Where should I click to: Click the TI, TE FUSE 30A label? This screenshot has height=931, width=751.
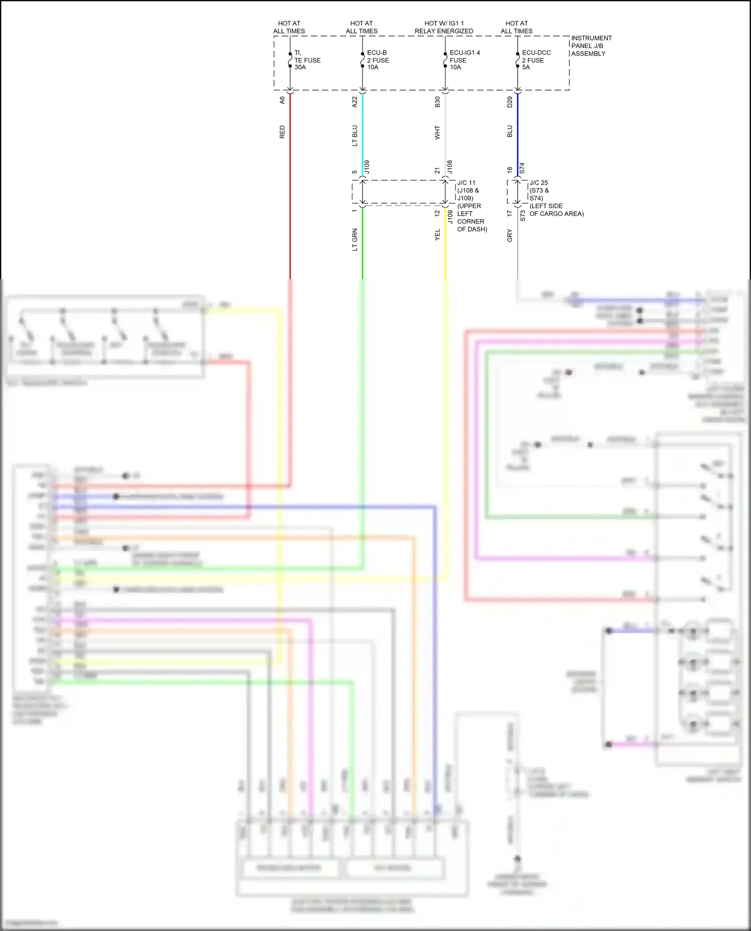pos(307,60)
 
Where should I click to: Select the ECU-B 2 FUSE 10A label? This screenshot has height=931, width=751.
pos(378,60)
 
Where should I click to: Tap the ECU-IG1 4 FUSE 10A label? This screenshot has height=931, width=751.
pos(464,60)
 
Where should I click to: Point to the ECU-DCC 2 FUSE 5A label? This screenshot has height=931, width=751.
pos(536,60)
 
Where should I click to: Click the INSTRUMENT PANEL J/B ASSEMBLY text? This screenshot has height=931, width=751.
pos(591,46)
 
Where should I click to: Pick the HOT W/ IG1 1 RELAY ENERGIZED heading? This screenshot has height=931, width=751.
pos(444,27)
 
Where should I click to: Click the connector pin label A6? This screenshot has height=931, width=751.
pos(282,100)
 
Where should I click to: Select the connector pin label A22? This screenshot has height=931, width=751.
pos(354,102)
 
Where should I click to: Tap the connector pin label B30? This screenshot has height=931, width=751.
pos(437,102)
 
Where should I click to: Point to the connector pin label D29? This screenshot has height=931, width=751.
pos(510,102)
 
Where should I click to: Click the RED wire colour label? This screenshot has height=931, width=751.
pos(282,132)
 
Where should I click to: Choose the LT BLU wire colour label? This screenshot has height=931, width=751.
pos(354,136)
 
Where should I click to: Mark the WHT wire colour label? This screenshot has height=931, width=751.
pos(437,133)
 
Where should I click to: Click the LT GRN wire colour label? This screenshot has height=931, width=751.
pos(354,240)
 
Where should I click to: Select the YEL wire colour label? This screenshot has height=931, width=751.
pos(437,235)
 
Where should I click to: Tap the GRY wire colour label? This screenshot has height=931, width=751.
pos(510,235)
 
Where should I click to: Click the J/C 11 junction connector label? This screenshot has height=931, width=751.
pos(466,183)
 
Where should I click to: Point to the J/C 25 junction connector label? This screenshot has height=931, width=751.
pos(539,183)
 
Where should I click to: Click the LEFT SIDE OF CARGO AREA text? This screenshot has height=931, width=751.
pos(556,210)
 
